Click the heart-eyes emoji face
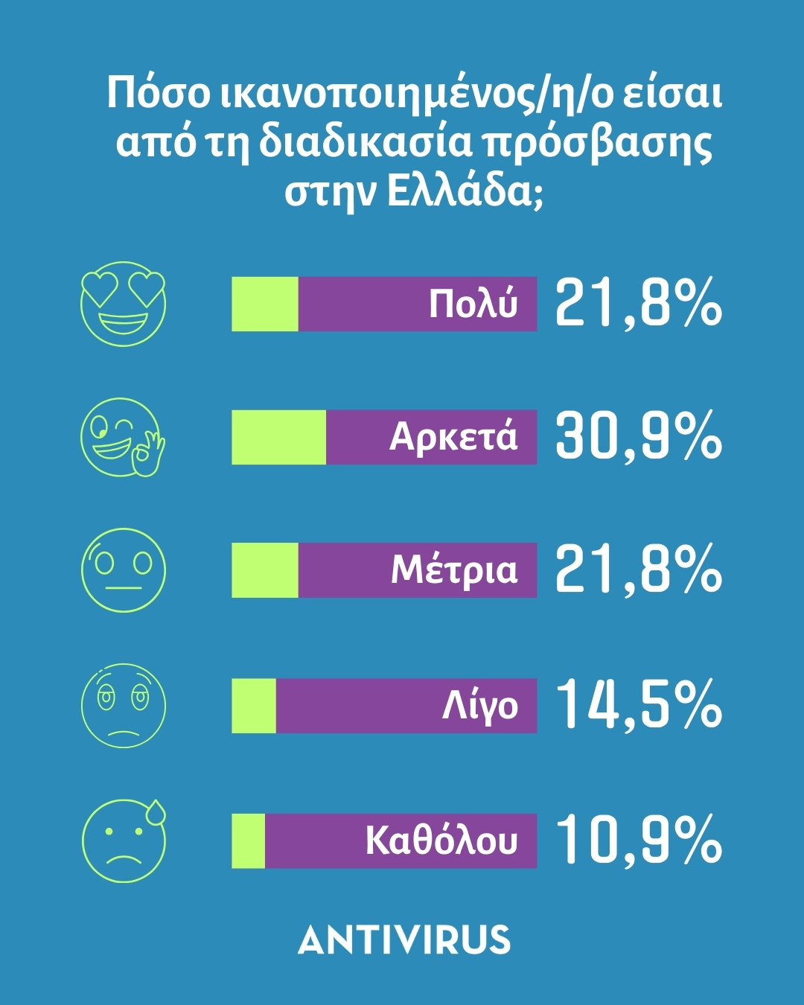click(123, 304)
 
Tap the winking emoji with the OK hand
click(121, 437)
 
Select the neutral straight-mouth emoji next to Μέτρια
click(123, 570)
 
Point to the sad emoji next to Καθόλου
click(123, 841)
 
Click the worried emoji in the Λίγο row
click(123, 706)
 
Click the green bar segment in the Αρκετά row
click(278, 437)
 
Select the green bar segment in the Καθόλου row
click(248, 840)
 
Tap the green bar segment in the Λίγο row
click(253, 706)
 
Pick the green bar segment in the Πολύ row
click(264, 304)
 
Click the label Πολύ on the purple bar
click(473, 304)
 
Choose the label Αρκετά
click(453, 437)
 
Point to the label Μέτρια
click(453, 570)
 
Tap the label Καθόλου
click(441, 840)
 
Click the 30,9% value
click(639, 436)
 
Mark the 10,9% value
click(639, 840)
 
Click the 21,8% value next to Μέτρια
click(639, 569)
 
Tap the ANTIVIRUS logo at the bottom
click(404, 940)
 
